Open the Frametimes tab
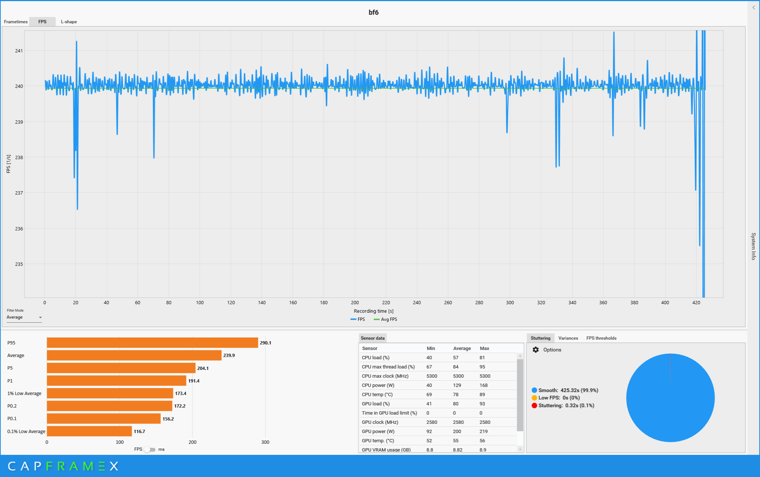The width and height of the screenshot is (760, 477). [15, 22]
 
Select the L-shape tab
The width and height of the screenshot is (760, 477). [69, 22]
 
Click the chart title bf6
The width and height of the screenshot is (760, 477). [373, 13]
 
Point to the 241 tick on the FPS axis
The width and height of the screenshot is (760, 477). [19, 51]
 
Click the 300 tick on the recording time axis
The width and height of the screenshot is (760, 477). [510, 303]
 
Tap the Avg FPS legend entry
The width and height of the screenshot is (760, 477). [388, 319]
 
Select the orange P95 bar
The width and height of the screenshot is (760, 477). [152, 343]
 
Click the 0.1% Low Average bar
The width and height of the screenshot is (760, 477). [89, 431]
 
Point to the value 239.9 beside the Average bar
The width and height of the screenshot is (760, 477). [229, 356]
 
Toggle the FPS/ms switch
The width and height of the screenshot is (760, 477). [150, 449]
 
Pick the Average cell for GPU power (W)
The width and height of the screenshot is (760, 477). [457, 432]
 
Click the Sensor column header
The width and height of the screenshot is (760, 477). [370, 349]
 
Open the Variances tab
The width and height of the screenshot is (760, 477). [568, 338]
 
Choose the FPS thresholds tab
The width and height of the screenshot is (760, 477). [601, 338]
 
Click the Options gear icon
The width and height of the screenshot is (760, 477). [536, 350]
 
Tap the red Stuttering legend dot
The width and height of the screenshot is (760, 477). [534, 406]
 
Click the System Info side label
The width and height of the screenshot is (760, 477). [753, 246]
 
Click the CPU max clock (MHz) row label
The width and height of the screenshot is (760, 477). [385, 376]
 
